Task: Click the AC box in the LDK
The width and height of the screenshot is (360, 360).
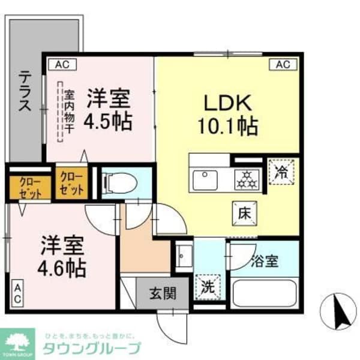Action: point(283,63)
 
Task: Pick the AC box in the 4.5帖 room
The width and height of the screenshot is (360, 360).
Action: point(62,63)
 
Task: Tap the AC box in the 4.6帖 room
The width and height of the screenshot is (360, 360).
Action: point(17,294)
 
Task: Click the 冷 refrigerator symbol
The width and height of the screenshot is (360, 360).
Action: point(281,172)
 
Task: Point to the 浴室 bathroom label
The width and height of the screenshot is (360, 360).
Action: point(263,262)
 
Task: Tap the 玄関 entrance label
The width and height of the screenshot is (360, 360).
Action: point(162,293)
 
